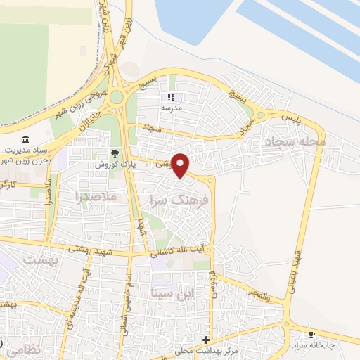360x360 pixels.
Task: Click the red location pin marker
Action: coord(181,167)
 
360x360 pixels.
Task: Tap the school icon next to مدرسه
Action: coord(169,97)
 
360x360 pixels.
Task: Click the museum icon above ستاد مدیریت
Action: coord(26,139)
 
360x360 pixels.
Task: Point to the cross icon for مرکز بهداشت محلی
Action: coord(205,340)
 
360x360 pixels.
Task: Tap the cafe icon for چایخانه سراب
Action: coord(311,335)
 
